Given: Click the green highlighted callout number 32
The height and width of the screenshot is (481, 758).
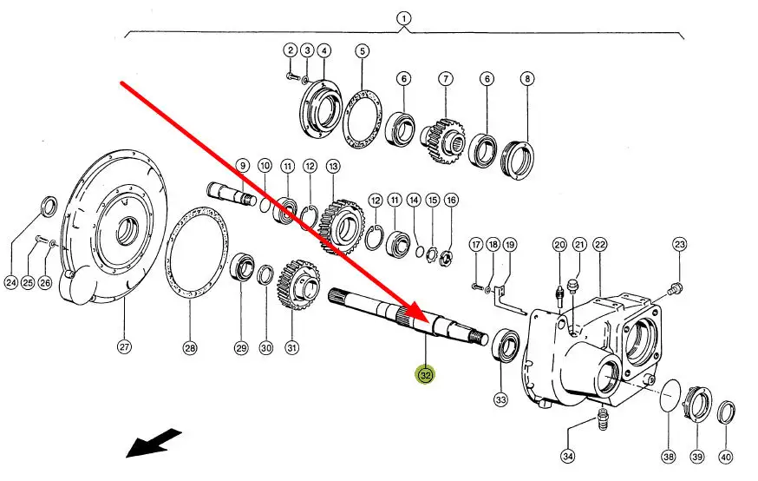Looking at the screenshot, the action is [x=425, y=375].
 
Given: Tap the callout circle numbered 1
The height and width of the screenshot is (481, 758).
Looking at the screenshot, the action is [x=403, y=18].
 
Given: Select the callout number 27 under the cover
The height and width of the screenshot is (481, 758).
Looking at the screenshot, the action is [x=124, y=347].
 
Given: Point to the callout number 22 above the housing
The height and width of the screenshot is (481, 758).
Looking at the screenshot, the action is [x=600, y=246].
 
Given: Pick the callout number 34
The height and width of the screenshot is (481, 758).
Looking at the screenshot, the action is [x=568, y=455].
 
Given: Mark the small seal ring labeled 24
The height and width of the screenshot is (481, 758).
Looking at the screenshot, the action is [x=49, y=208].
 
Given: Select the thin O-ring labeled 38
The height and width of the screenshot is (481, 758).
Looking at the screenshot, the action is [x=669, y=399].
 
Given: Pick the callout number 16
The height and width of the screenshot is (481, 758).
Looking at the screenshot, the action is [x=451, y=201].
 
